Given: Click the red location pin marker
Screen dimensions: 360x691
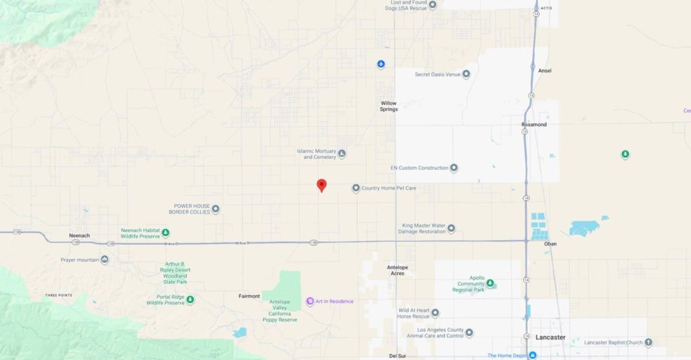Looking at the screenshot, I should click(x=322, y=185).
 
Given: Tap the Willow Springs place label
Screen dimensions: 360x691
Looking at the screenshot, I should click(x=389, y=106).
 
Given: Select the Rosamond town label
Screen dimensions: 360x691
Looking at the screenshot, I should click(x=534, y=124).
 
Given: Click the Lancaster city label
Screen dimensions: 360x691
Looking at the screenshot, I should click(x=550, y=337).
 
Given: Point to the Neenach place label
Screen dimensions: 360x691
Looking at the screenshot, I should click(x=79, y=236).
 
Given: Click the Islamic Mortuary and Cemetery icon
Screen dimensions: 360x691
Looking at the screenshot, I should click(x=341, y=154).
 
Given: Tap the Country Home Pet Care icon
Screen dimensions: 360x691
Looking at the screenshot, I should click(x=356, y=188).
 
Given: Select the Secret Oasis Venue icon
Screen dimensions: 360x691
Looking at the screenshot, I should click(x=466, y=74).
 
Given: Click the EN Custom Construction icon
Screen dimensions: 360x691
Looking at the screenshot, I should click(x=454, y=168).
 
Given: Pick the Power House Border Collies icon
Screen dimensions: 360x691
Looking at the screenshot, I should click(x=215, y=209).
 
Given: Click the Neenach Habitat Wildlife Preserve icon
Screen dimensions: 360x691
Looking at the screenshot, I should click(x=165, y=233).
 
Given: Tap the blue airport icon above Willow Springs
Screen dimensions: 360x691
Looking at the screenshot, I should click(x=381, y=64).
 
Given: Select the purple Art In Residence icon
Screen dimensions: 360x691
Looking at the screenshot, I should click(x=310, y=301).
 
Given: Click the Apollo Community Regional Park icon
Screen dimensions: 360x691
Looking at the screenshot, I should click(x=490, y=283).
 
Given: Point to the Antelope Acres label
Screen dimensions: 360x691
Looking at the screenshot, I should click(x=397, y=270).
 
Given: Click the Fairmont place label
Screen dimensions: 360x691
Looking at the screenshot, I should click(x=249, y=296).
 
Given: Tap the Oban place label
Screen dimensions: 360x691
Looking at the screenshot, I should click(x=550, y=244).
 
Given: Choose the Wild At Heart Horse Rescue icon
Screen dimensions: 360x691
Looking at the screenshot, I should click(x=435, y=313).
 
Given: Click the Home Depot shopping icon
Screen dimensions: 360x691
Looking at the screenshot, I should click(x=533, y=355).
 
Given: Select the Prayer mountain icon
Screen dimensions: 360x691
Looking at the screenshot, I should click(x=104, y=260).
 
